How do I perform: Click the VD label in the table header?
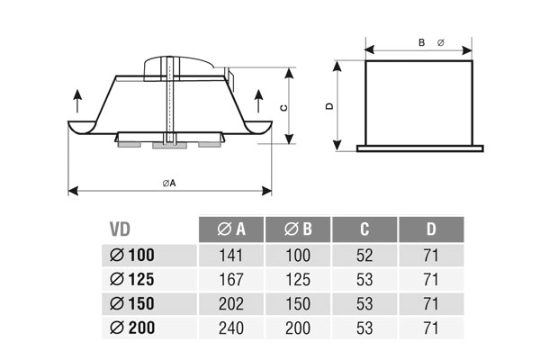coord(121,230)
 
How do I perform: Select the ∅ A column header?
coord(230,230)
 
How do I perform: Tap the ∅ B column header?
coord(298,230)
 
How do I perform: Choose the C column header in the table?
coord(364,230)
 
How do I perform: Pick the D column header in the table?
coord(432,230)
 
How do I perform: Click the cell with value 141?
coord(230,256)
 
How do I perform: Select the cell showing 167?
coord(230,279)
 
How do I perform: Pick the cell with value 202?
coord(230,302)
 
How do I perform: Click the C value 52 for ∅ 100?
coord(364,256)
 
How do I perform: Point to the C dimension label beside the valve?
coord(283,107)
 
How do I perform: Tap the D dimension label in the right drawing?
coord(329,106)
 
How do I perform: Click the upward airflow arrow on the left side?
coord(77,98)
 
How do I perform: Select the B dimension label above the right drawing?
coord(421,41)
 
